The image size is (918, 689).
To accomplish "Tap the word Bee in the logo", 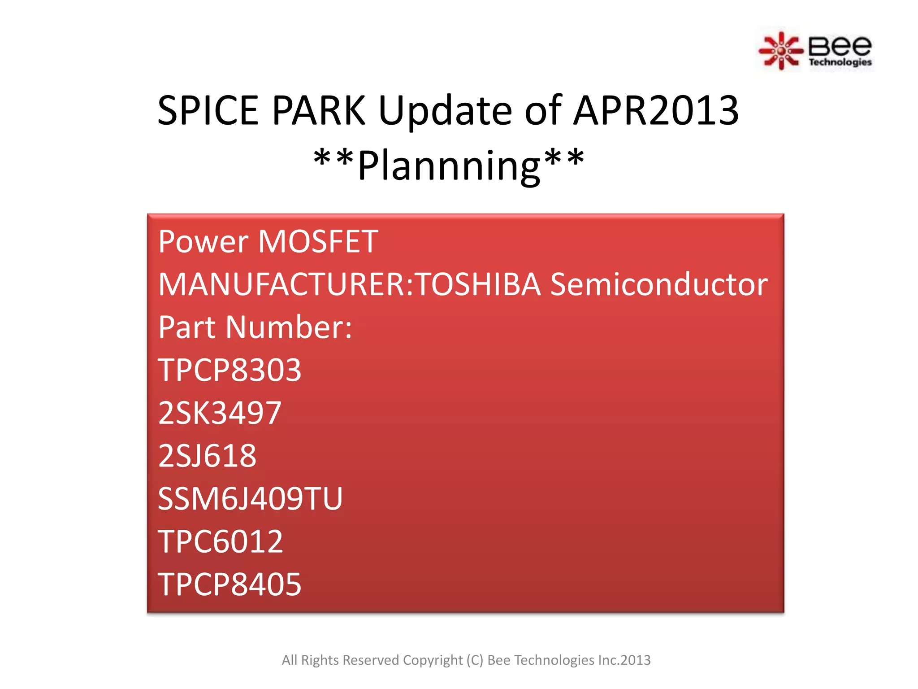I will pyautogui.click(x=840, y=45).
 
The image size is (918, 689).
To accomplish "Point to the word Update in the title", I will pyautogui.click(x=445, y=111).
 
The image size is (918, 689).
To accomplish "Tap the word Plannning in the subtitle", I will pyautogui.click(x=449, y=166).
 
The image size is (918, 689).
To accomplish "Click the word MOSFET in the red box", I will pyautogui.click(x=318, y=242).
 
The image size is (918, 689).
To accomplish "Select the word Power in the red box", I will pyautogui.click(x=203, y=242).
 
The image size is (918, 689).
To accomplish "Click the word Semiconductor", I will pyautogui.click(x=658, y=284).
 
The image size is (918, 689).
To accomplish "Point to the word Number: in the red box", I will pyautogui.click(x=289, y=327).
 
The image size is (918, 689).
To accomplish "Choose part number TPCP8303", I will pyautogui.click(x=229, y=370).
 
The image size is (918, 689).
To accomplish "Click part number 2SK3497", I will pyautogui.click(x=220, y=413).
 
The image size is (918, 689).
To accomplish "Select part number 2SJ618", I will pyautogui.click(x=207, y=456).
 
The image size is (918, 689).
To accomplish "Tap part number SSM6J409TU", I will pyautogui.click(x=250, y=498).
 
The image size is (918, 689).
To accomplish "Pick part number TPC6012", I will pyautogui.click(x=221, y=541).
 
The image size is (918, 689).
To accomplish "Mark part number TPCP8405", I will pyautogui.click(x=229, y=584).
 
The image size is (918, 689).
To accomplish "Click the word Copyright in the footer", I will pyautogui.click(x=433, y=660).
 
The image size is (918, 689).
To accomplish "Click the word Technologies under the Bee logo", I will pyautogui.click(x=840, y=62).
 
